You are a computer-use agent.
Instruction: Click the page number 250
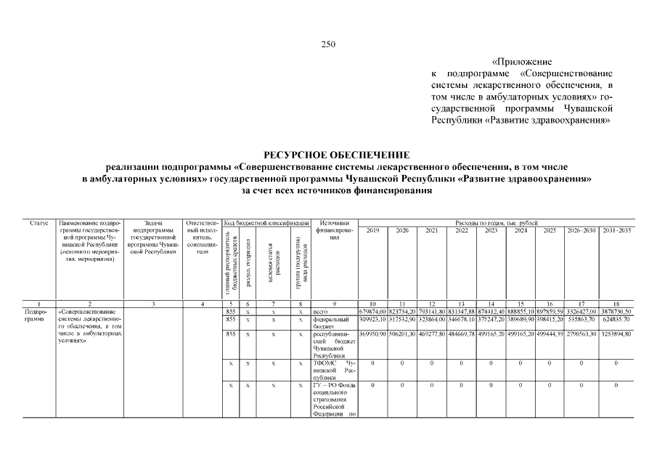328,44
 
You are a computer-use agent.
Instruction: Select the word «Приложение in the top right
522,62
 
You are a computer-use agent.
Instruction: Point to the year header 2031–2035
616,230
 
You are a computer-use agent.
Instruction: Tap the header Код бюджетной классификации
266,222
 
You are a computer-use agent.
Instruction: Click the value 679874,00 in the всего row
372,312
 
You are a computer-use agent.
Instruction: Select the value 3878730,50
616,312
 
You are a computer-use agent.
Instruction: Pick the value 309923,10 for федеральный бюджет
372,319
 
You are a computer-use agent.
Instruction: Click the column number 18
616,304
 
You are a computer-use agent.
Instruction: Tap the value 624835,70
616,319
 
